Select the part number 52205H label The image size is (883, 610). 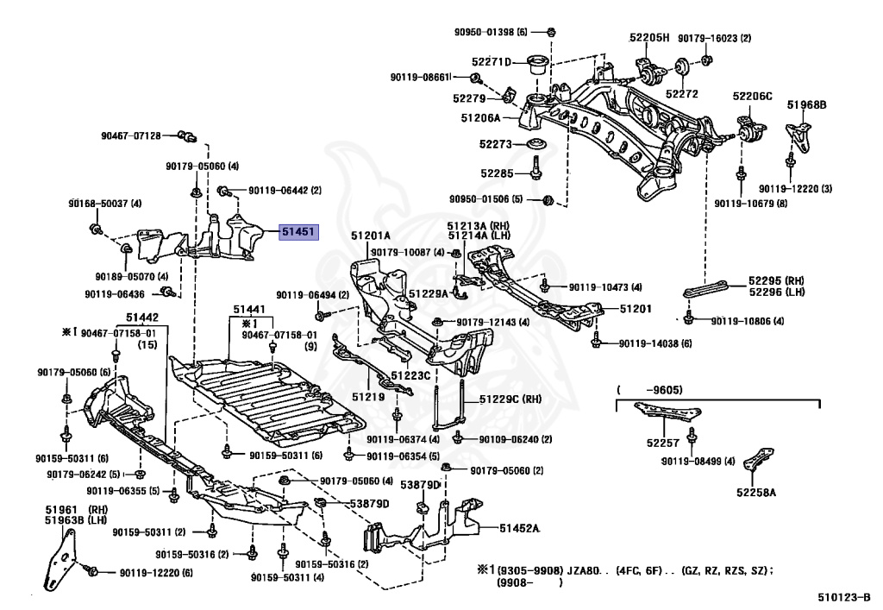tap(648, 38)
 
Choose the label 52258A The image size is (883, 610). tap(756, 493)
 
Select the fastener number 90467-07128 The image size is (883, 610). tap(130, 135)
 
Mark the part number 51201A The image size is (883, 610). tap(371, 236)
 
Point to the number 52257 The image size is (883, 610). tap(659, 443)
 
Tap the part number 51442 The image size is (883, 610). tap(141, 317)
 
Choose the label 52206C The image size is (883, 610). tap(752, 96)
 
